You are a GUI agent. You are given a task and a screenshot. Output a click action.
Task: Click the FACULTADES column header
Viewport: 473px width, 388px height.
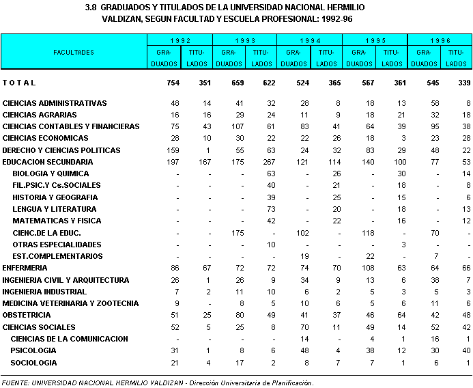coord(74,52)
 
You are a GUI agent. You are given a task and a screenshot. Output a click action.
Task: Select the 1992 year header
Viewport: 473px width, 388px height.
coord(180,40)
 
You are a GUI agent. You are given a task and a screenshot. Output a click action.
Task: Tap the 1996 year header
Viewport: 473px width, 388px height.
coord(440,40)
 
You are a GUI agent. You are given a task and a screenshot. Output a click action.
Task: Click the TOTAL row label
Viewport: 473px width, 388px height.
coord(19,83)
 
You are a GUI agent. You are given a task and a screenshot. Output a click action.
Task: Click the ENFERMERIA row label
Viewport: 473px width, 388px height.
coord(25,268)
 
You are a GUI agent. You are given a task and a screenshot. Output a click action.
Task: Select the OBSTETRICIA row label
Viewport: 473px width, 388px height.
coord(27,315)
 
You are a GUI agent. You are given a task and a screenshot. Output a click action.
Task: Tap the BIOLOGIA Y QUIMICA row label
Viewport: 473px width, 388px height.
coord(46,174)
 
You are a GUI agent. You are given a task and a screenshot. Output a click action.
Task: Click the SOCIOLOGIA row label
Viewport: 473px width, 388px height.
coord(34,363)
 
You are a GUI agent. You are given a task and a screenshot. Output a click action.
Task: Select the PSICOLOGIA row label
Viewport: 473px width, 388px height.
coord(33,350)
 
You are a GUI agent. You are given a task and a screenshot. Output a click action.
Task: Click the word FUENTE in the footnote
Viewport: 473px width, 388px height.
coord(16,383)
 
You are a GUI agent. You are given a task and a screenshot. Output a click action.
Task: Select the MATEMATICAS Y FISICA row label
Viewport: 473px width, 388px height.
coord(57,221)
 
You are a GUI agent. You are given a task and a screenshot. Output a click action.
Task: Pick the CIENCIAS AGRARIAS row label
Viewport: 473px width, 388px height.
coord(40,115)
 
